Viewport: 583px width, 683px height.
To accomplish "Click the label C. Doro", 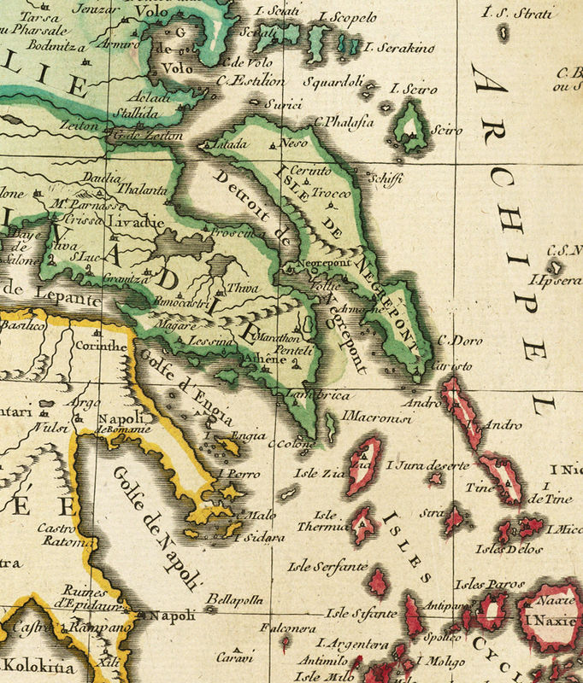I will (454, 340).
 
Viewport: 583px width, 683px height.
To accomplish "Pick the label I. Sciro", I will (413, 89).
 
